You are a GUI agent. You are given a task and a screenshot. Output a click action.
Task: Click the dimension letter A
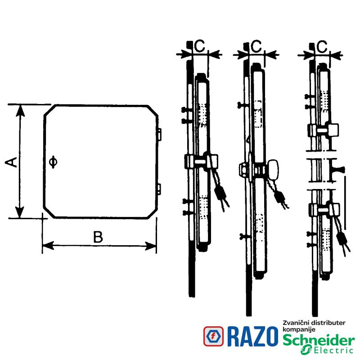pyautogui.click(x=11, y=162)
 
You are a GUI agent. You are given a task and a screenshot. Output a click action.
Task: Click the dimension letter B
pyautogui.click(x=98, y=237)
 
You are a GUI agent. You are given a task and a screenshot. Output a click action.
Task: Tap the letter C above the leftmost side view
pyautogui.click(x=199, y=46)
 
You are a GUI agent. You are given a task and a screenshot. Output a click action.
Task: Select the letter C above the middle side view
pyautogui.click(x=256, y=46)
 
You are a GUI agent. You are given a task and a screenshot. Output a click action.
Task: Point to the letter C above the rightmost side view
pyautogui.click(x=322, y=46)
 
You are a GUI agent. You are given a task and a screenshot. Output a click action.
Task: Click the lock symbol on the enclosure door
pyautogui.click(x=53, y=162)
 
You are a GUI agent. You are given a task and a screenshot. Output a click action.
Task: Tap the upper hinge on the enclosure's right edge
pyautogui.click(x=159, y=134)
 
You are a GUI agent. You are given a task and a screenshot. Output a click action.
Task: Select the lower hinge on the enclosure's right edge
pyautogui.click(x=159, y=189)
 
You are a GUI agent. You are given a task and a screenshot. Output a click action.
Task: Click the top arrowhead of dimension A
pyautogui.click(x=20, y=110)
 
